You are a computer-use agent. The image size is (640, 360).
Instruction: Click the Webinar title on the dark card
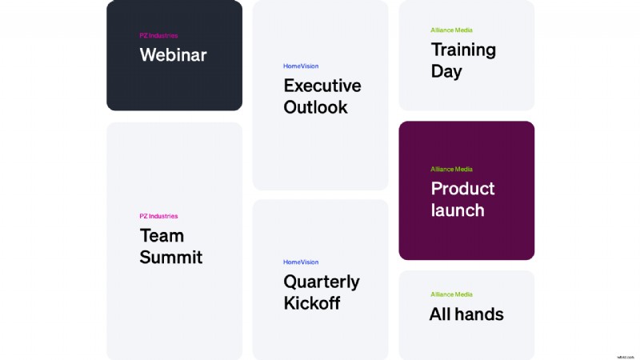point(173,54)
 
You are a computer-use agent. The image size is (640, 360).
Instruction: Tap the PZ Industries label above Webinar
point(158,35)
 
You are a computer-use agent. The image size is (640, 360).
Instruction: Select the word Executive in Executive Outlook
point(322,86)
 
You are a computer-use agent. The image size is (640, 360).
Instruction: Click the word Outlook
point(315,107)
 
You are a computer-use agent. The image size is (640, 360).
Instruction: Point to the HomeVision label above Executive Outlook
point(301,66)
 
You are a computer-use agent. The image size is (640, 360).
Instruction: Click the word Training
point(463,50)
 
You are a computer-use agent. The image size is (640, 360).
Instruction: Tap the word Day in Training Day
point(446,71)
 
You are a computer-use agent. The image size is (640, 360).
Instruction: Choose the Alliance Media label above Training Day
point(451,30)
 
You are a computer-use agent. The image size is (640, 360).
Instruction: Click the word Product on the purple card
point(462,189)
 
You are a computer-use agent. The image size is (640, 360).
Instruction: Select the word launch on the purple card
point(458,210)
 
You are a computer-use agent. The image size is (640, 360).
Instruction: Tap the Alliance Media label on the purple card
point(451,170)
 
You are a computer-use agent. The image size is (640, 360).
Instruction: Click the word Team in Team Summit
point(162,235)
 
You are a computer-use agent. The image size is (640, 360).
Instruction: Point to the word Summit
point(171,257)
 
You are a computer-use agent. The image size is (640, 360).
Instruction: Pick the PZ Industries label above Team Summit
point(158,216)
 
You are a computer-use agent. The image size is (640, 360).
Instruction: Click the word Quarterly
point(322,282)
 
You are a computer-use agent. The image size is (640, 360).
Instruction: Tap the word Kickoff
point(312,303)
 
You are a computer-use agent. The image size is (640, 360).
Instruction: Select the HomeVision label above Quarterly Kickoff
point(301,262)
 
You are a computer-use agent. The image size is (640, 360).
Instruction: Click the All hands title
point(466,314)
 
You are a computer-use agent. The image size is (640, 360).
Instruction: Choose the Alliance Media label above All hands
point(451,294)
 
